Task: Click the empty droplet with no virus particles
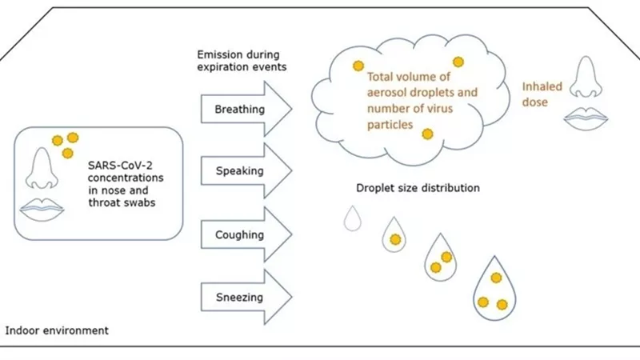click(352, 219)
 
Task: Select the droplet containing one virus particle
click(394, 236)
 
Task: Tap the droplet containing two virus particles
click(441, 258)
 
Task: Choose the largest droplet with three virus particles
click(494, 290)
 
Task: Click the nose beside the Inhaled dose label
click(586, 78)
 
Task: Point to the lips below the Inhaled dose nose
click(586, 118)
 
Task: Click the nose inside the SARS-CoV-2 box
click(42, 169)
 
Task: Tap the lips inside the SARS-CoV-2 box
click(42, 210)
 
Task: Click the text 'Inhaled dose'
click(542, 94)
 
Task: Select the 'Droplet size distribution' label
click(418, 188)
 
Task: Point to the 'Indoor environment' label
click(57, 330)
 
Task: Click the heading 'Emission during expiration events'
click(242, 61)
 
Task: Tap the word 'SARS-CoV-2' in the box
click(120, 166)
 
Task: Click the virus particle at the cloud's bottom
click(427, 134)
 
